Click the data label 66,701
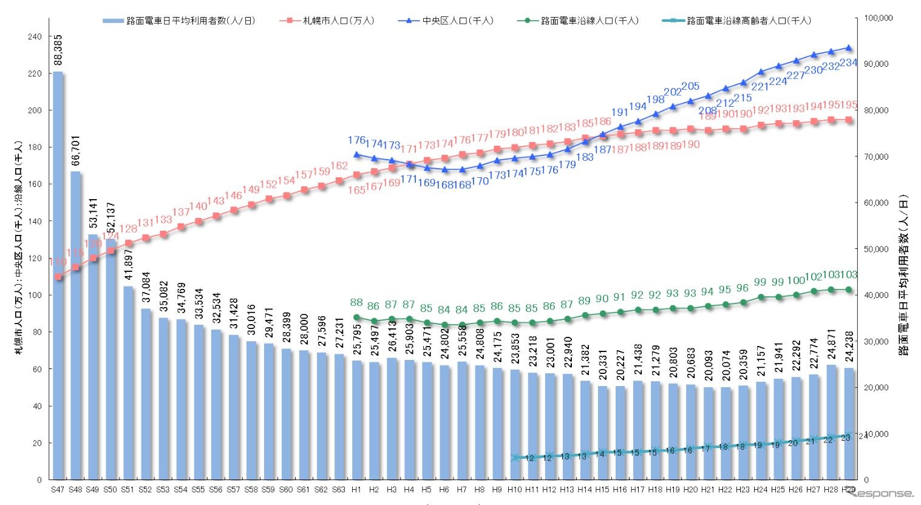pyautogui.click(x=76, y=151)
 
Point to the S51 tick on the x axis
pyautogui.click(x=127, y=489)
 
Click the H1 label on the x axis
pyautogui.click(x=356, y=489)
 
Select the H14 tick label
pyautogui.click(x=585, y=489)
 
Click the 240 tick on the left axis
pyautogui.click(x=35, y=37)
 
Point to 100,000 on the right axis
pyautogui.click(x=878, y=18)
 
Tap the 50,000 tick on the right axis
pyautogui.click(x=875, y=249)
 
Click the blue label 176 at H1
pyautogui.click(x=356, y=140)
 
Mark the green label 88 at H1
pyautogui.click(x=356, y=302)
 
